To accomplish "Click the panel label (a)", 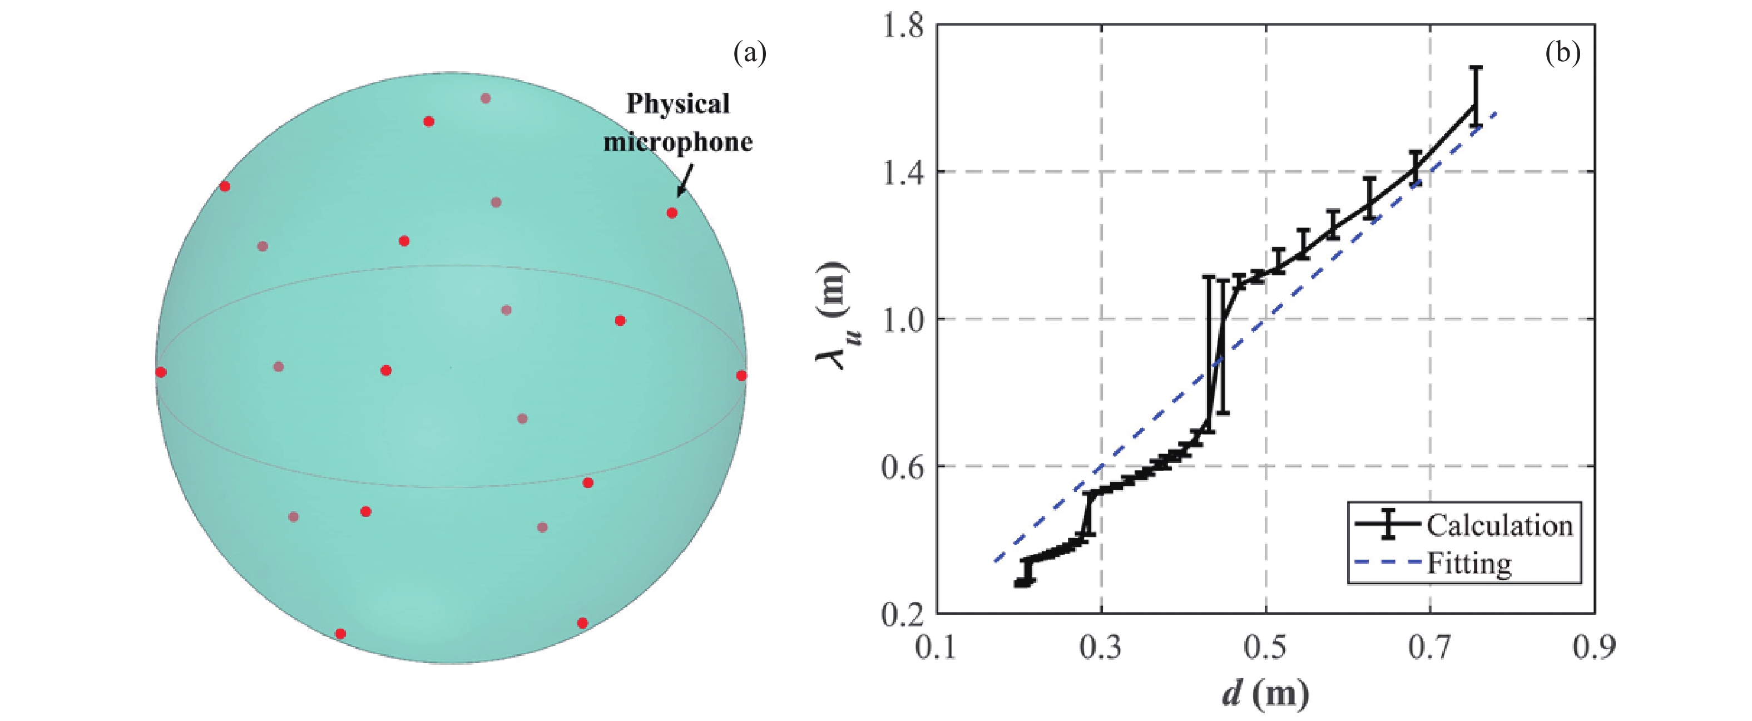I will tap(750, 52).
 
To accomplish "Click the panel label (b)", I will tap(1563, 52).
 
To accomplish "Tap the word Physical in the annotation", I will tap(677, 103).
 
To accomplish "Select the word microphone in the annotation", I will tap(678, 142).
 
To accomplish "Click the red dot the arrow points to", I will tap(672, 213).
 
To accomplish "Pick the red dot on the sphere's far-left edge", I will tap(161, 372).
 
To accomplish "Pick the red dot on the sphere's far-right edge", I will tap(741, 376).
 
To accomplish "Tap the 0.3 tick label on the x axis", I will tap(1101, 648).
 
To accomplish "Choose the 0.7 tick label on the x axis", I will tap(1429, 648).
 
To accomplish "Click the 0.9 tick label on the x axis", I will tap(1594, 648).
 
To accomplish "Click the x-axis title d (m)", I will tap(1265, 694).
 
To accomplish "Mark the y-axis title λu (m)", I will tap(834, 317).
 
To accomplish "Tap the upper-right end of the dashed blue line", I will tap(1496, 113).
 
